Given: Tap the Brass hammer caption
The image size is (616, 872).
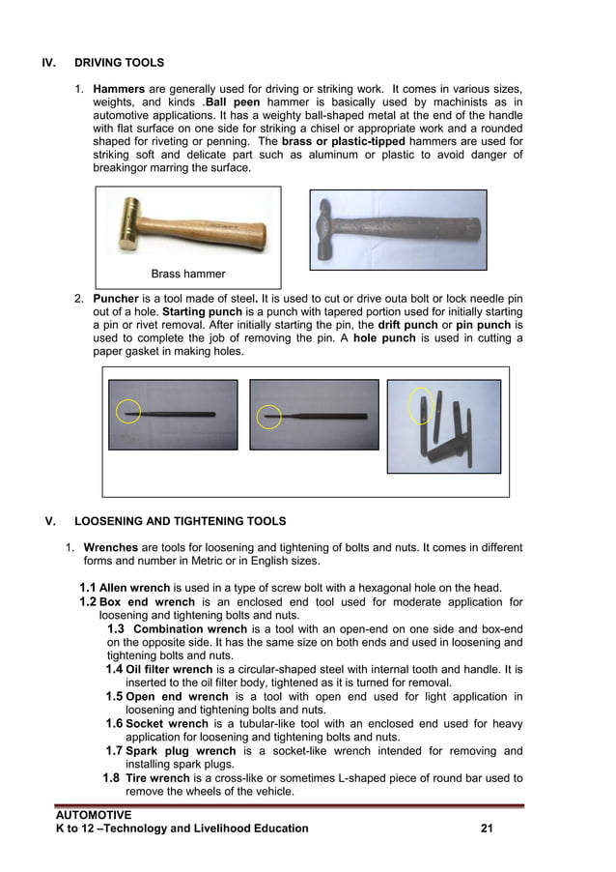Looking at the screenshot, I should click(188, 274).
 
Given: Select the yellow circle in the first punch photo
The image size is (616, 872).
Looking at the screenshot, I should click(127, 411).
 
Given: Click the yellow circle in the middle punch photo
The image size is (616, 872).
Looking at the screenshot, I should click(267, 417).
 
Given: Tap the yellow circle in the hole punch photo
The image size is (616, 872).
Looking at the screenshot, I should click(421, 406).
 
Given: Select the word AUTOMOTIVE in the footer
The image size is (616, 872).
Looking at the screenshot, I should click(94, 815).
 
